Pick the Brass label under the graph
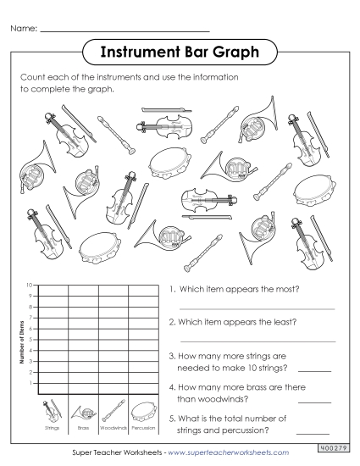[83, 430]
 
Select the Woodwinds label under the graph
[114, 430]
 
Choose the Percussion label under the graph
[142, 430]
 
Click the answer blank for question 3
[314, 371]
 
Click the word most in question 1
[291, 289]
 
